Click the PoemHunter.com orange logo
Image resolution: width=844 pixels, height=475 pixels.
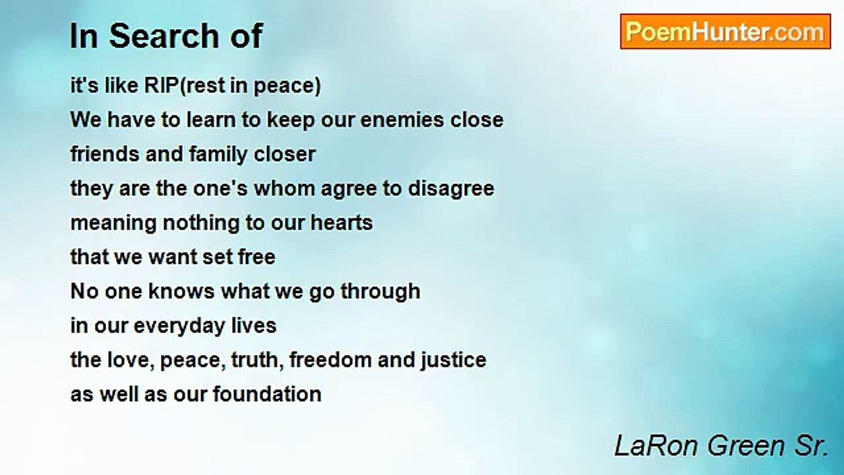(725, 31)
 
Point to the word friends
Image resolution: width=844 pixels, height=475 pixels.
(105, 154)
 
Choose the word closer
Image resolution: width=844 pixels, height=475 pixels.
(284, 154)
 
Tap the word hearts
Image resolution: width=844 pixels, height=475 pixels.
(342, 223)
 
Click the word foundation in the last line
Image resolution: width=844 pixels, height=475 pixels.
(267, 395)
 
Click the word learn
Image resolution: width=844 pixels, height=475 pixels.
(212, 120)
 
